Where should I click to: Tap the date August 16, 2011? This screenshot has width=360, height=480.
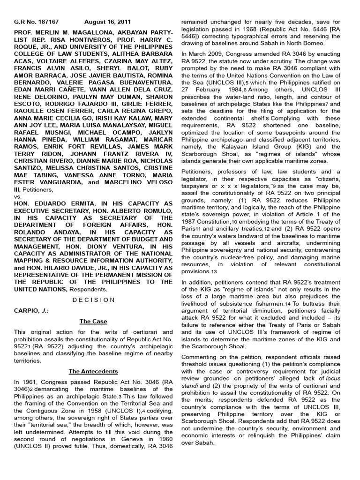(x=107, y=22)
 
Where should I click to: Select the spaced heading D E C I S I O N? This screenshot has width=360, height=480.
(x=94, y=300)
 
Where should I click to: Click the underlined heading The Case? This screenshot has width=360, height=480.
(x=94, y=321)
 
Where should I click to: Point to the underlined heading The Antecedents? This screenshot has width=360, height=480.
(x=94, y=371)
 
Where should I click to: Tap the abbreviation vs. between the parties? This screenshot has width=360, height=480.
(x=19, y=196)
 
